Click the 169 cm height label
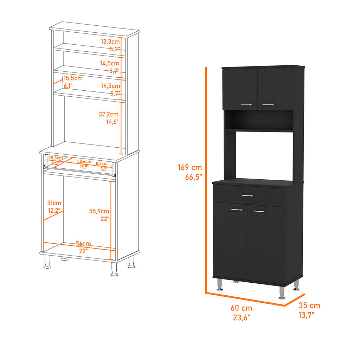click(190, 167)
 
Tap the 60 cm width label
click(241, 308)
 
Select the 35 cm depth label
click(309, 306)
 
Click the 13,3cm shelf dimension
click(110, 41)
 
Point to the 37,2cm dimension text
click(109, 114)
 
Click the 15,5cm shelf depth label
click(73, 78)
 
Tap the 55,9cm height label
click(99, 211)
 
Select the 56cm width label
click(83, 243)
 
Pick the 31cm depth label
click(54, 203)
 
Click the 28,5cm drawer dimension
click(56, 158)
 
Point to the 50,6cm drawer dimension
click(84, 161)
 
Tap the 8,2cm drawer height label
click(102, 164)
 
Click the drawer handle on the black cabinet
click(247, 195)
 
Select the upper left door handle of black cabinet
click(246, 105)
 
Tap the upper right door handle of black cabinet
click(268, 105)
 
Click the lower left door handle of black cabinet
click(237, 210)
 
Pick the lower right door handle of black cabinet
click(259, 211)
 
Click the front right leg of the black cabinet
click(282, 292)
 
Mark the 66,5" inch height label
click(193, 177)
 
